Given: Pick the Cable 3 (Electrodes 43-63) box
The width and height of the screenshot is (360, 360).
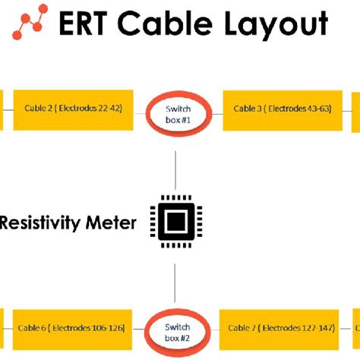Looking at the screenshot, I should coord(282,109).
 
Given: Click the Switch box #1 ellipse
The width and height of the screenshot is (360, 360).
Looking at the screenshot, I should coord(177,114).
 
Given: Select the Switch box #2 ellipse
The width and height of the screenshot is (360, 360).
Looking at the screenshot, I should coord(177,330).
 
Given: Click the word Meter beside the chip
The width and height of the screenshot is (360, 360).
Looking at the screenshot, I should coord(112,223).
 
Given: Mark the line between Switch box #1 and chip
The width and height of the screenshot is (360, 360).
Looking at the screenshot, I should coord(176,169).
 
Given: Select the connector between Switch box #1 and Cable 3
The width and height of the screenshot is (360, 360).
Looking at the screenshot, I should coord(215,111).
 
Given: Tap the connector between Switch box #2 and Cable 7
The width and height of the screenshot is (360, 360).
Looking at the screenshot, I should coord(213,329).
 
